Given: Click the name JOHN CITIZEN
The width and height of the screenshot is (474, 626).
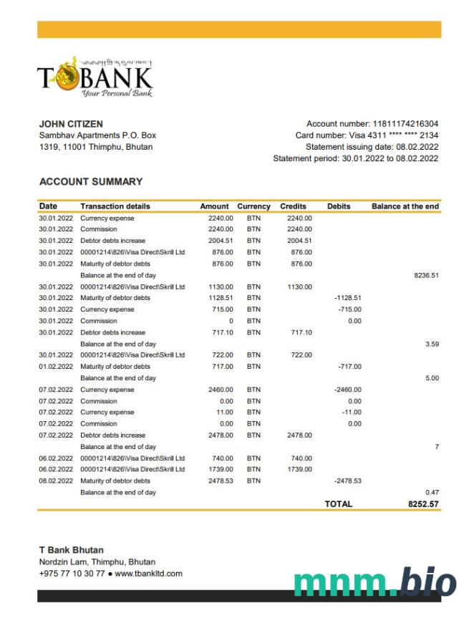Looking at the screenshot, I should (x=71, y=124).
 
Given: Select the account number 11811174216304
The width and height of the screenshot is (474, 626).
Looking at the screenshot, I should (x=405, y=124).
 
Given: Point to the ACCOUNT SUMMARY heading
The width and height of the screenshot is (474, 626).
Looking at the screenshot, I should (x=91, y=182).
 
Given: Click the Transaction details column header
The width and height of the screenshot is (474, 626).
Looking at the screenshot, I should (x=115, y=206).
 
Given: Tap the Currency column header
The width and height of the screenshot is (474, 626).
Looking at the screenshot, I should (x=253, y=206).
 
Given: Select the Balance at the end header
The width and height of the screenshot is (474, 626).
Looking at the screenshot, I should (x=405, y=206).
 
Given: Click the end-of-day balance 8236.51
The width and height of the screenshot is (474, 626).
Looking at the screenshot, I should (x=426, y=275).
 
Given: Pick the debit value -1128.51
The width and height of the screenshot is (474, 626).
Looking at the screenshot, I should (x=348, y=298).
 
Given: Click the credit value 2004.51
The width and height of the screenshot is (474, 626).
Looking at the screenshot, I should (x=299, y=241).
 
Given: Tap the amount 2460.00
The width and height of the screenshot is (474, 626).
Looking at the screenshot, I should (x=221, y=390).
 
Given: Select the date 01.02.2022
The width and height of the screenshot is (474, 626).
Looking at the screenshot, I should (x=56, y=367).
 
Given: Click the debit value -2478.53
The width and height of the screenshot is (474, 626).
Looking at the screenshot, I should (x=348, y=481).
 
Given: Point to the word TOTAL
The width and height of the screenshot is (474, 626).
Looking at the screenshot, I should (x=339, y=504).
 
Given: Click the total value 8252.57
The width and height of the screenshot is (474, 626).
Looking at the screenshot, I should (x=423, y=504).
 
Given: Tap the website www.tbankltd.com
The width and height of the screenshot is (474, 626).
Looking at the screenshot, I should (x=148, y=574).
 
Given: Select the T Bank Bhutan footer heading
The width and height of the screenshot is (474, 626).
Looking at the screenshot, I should (x=71, y=550).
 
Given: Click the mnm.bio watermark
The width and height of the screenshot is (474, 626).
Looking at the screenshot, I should (x=374, y=583).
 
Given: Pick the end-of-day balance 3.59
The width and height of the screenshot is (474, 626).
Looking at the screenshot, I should (x=432, y=344).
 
